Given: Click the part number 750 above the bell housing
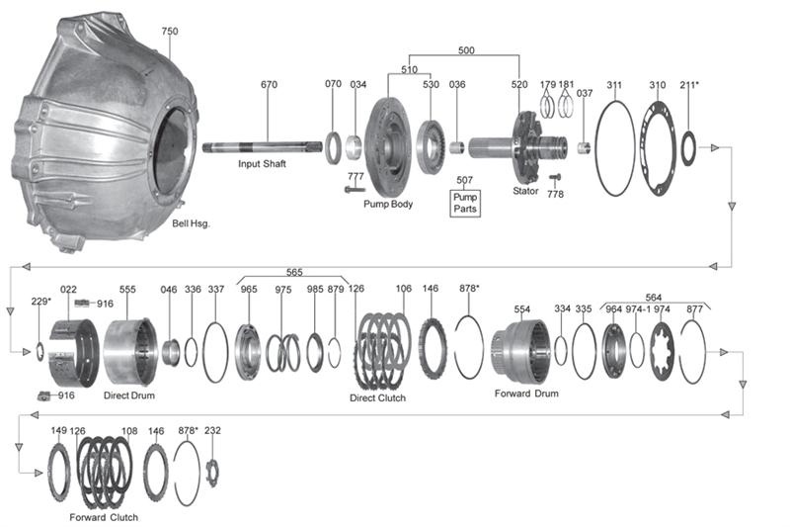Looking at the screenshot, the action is (170, 31).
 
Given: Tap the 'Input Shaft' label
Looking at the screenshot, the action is (262, 164).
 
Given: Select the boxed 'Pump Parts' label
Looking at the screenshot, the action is (465, 203).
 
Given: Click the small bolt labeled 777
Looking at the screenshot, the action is (355, 189).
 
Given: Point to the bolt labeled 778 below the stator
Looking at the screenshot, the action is (555, 178).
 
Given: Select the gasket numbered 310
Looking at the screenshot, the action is (641, 147).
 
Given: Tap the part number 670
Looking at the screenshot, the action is (269, 84).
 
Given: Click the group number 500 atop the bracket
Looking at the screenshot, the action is (466, 49).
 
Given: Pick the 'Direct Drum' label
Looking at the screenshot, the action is (129, 395).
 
